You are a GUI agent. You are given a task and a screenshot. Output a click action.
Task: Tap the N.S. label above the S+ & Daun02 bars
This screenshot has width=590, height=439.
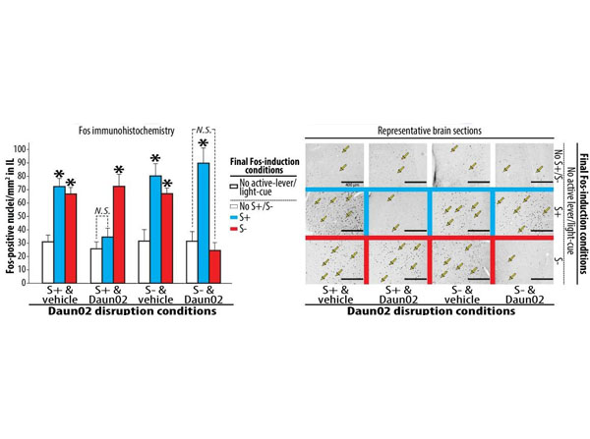click(100, 208)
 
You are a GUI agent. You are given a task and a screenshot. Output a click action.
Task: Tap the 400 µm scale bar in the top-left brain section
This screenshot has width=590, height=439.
click(349, 181)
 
